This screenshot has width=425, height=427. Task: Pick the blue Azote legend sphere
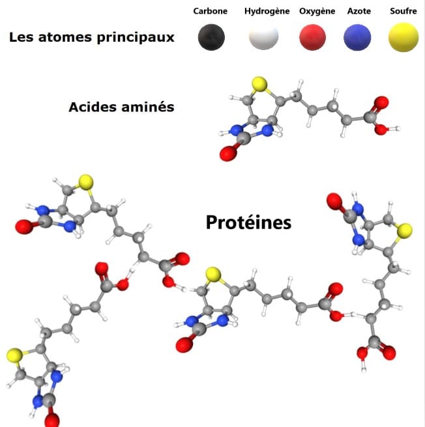click(359, 37)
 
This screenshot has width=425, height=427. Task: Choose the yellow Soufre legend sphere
click(403, 38)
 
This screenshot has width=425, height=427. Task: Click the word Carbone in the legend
click(210, 11)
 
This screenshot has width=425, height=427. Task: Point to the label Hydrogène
click(267, 11)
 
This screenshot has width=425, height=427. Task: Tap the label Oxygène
click(317, 11)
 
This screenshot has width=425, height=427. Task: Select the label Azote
click(359, 11)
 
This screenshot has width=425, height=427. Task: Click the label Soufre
click(403, 11)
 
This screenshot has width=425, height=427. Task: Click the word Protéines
click(248, 223)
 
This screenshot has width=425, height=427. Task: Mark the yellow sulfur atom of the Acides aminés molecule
click(259, 84)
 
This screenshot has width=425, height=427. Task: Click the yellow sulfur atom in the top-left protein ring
click(84, 181)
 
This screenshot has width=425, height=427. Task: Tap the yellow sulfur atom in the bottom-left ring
click(14, 355)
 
